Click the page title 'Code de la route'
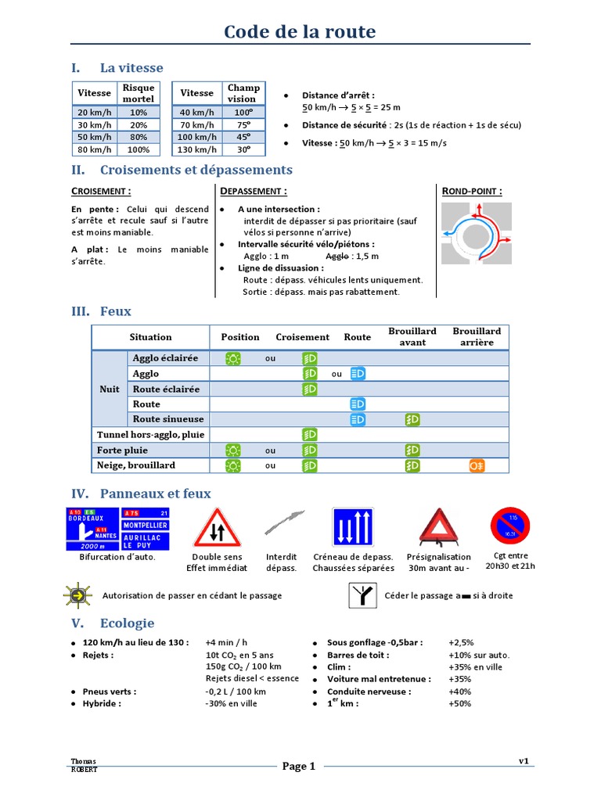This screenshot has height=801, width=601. [x=300, y=32]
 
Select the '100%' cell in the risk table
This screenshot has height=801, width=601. [x=139, y=149]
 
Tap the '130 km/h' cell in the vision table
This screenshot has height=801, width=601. [x=196, y=149]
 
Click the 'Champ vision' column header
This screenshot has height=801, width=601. [x=242, y=93]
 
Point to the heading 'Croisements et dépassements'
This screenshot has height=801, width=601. [x=196, y=170]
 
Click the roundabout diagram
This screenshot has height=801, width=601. [x=475, y=232]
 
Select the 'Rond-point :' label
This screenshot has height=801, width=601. [x=472, y=191]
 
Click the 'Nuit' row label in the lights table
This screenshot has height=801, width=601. [x=110, y=389]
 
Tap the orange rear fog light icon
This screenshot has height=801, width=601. [x=477, y=465]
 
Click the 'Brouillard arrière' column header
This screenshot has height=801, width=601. [x=477, y=337]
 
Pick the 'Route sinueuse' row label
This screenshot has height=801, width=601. [x=168, y=419]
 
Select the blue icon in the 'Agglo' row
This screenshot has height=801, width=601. [x=358, y=374]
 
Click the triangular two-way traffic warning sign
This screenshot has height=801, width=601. [x=217, y=529]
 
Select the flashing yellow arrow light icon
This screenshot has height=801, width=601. [x=77, y=595]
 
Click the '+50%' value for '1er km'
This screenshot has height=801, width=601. [x=460, y=703]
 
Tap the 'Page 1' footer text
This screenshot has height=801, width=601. [x=299, y=767]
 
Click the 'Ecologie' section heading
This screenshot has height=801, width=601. [x=127, y=623]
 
